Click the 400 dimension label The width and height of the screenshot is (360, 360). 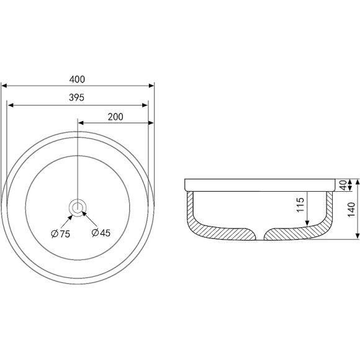(x=77, y=79)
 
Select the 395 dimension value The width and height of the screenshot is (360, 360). (x=77, y=97)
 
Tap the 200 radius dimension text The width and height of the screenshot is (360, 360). (x=115, y=117)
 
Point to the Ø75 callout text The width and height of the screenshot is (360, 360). (x=61, y=234)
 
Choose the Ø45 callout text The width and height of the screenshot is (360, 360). (x=101, y=233)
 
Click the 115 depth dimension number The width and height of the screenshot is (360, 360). (x=300, y=205)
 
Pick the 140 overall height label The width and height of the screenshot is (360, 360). (x=351, y=209)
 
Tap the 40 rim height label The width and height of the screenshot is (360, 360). (x=343, y=185)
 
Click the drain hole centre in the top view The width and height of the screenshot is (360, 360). (x=78, y=207)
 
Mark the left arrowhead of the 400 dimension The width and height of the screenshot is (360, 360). (x=4, y=86)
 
